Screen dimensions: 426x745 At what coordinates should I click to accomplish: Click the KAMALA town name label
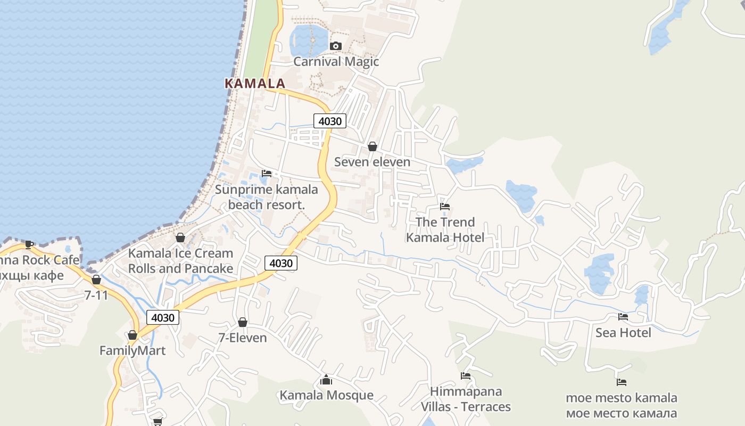pos(255,84)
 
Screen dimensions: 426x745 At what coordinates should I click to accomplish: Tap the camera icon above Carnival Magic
pos(335,46)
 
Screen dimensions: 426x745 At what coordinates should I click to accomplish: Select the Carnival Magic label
pos(336,61)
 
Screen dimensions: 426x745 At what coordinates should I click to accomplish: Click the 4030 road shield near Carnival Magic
pos(330,121)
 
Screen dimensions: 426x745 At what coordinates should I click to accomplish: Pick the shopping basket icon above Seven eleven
pos(372,146)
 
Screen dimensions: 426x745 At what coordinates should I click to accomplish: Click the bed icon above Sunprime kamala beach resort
pos(267,174)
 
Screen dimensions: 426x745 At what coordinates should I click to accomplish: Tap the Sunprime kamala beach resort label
pos(266,196)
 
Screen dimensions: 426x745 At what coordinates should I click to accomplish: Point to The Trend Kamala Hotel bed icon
pos(445,207)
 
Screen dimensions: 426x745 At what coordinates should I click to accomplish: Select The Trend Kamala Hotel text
pos(445,230)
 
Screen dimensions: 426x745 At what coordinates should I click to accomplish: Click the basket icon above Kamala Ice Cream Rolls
pos(180,237)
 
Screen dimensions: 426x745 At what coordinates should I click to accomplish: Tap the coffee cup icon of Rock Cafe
pos(29,244)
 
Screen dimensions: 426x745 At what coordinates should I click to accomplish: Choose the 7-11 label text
pos(96,294)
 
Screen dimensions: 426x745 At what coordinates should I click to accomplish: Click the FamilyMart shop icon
pos(133,335)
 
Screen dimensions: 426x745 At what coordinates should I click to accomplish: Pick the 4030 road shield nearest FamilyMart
pos(163,318)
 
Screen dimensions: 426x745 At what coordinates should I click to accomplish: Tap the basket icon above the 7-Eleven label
pos(243,322)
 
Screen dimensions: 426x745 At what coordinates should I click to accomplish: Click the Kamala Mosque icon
pos(326,380)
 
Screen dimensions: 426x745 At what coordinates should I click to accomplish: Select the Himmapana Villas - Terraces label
pos(466,399)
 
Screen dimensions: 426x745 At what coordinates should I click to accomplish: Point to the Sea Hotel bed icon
pos(623,317)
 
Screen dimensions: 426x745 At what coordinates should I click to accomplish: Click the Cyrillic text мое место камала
pos(621,413)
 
